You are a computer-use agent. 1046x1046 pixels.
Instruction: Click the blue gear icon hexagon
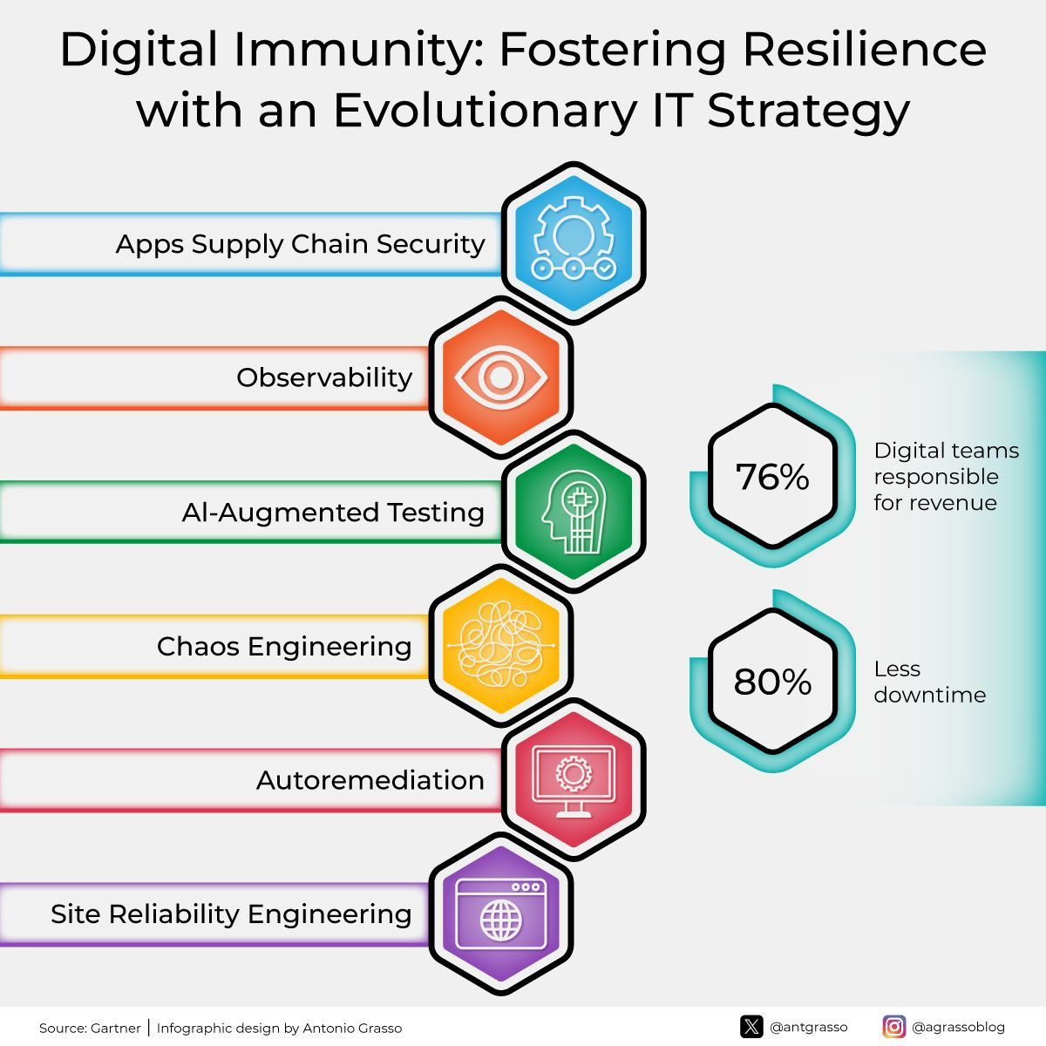(574, 242)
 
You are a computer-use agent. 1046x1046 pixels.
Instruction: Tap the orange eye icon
(500, 377)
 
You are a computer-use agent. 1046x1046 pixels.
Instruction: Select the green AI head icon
(574, 512)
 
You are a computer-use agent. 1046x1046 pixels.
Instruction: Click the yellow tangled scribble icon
(500, 645)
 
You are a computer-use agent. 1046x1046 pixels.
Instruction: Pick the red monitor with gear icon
(574, 780)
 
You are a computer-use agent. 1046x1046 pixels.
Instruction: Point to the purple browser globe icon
(500, 914)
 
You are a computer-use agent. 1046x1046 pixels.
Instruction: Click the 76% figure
(772, 477)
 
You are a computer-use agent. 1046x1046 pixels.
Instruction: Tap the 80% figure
(772, 682)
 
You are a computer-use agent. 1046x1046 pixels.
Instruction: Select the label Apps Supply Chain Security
(300, 244)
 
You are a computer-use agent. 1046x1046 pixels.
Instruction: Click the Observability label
(324, 377)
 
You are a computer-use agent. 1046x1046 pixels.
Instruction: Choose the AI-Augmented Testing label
(333, 513)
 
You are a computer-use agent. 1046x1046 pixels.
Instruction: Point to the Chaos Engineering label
(284, 647)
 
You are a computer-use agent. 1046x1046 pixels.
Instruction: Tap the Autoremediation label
(370, 780)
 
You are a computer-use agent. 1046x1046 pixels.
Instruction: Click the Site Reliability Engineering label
(231, 914)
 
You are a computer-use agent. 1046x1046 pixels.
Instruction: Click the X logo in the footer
(751, 1027)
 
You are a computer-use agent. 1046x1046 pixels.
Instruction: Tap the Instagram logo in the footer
(894, 1027)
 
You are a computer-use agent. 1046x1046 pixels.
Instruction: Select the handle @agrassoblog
(959, 1027)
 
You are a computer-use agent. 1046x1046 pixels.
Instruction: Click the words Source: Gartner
(90, 1028)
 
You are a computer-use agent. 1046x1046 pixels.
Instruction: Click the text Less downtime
(930, 682)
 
